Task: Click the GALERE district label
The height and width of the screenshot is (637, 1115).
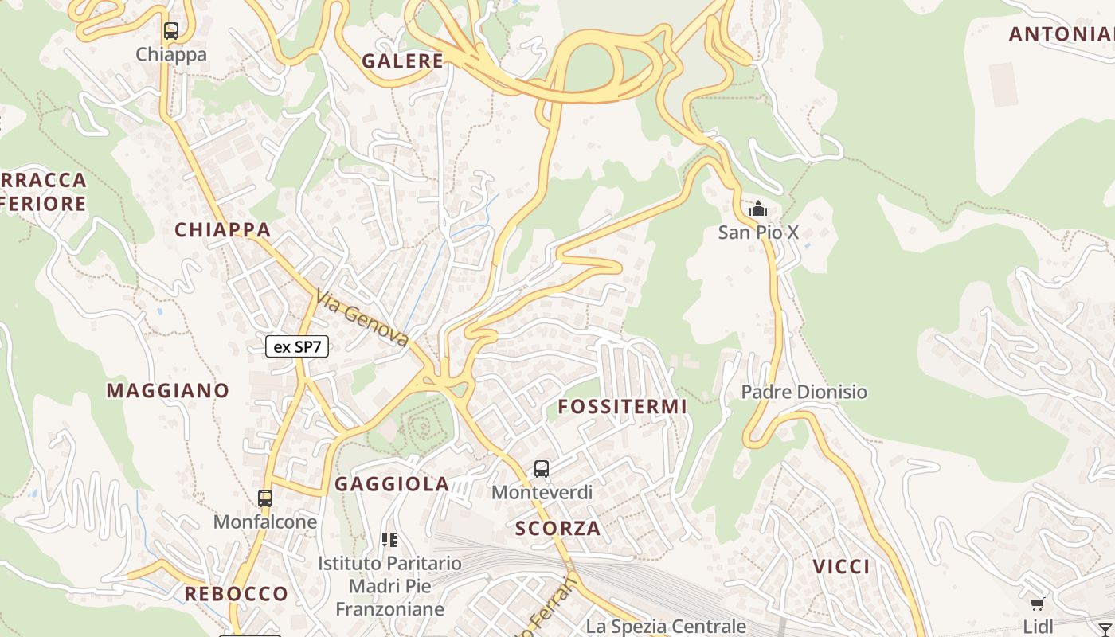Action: [402, 61]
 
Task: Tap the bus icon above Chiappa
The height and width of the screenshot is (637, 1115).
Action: [171, 32]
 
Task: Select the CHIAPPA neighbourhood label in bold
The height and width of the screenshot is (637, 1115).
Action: [223, 230]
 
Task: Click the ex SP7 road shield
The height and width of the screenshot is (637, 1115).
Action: [297, 346]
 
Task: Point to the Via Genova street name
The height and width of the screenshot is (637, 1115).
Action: [362, 318]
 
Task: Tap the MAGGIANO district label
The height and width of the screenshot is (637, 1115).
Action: [168, 391]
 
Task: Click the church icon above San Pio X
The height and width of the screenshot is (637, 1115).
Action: [758, 209]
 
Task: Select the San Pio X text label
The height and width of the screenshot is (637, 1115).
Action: [758, 233]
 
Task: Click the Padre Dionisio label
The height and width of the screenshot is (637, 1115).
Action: [804, 392]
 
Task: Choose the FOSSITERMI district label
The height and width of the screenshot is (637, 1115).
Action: [622, 407]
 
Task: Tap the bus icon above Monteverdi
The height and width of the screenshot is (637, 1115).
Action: [542, 469]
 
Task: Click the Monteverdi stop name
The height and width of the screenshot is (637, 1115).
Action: [542, 492]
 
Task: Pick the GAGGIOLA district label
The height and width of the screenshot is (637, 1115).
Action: [392, 484]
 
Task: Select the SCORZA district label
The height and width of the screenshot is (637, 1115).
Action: [557, 528]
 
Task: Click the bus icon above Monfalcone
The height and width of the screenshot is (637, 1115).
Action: [265, 498]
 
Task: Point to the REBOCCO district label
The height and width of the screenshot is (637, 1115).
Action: [236, 594]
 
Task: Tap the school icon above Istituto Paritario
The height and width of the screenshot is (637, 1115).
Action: [389, 540]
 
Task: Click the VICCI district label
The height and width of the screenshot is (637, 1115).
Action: [842, 567]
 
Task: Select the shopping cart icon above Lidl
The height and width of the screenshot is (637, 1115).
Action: [1037, 604]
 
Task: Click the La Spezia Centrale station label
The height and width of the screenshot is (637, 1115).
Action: [666, 627]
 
